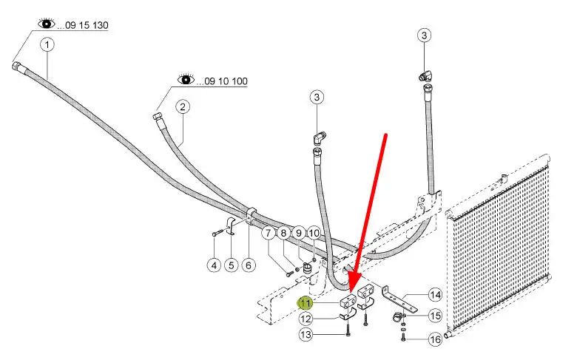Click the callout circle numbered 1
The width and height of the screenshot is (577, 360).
pos(48,45)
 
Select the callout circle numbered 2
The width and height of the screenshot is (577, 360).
pos(182,106)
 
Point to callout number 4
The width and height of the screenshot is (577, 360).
pos(214,264)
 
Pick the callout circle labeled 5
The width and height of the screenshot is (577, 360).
pos(231,264)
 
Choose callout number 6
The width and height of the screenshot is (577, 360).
pos(248,264)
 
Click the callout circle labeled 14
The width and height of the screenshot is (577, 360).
pos(434,296)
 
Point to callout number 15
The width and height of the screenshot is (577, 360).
pos(434,316)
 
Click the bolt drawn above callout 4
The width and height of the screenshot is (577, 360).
pos(215,234)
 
